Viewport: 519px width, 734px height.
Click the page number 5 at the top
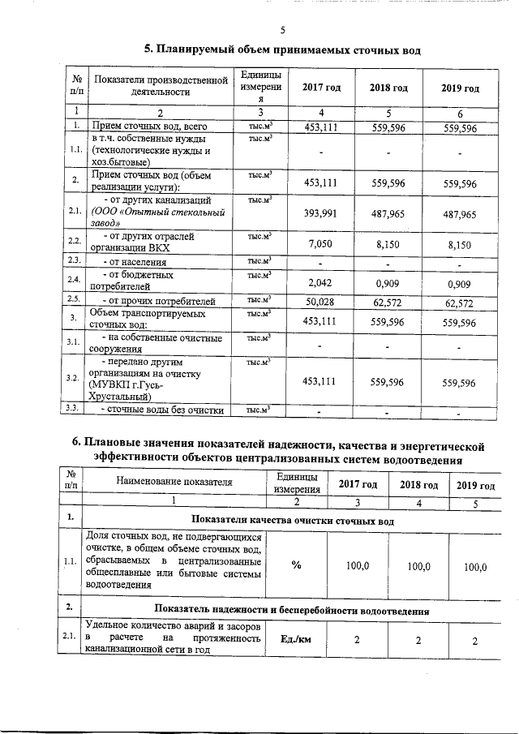pos(283,31)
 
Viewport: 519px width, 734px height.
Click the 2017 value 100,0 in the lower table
pos(358,566)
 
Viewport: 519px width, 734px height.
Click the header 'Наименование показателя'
pos(174,482)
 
